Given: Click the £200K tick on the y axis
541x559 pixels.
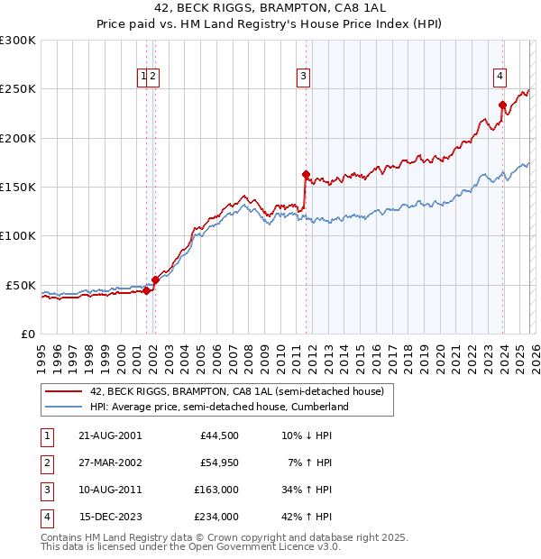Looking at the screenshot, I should coord(18,138).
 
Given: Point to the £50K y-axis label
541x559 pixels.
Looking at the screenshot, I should coord(22,285).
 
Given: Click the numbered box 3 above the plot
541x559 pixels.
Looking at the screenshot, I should coord(305,78).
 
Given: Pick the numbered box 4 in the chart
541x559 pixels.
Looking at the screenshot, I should coord(499,78).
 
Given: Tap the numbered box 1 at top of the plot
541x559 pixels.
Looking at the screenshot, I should coord(142,78).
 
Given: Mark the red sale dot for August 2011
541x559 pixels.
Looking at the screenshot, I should coord(306,174).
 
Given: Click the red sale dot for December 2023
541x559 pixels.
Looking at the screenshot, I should coord(502,105).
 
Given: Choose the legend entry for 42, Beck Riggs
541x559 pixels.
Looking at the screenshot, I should coord(237,391).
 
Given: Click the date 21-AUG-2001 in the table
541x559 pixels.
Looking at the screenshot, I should coord(110,435).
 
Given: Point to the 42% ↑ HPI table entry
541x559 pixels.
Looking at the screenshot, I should coord(306,517).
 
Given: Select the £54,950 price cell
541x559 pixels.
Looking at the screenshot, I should coord(219,463).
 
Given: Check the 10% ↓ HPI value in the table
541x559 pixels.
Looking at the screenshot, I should coord(306,435).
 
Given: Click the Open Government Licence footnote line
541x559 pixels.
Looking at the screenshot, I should coord(190,547).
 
